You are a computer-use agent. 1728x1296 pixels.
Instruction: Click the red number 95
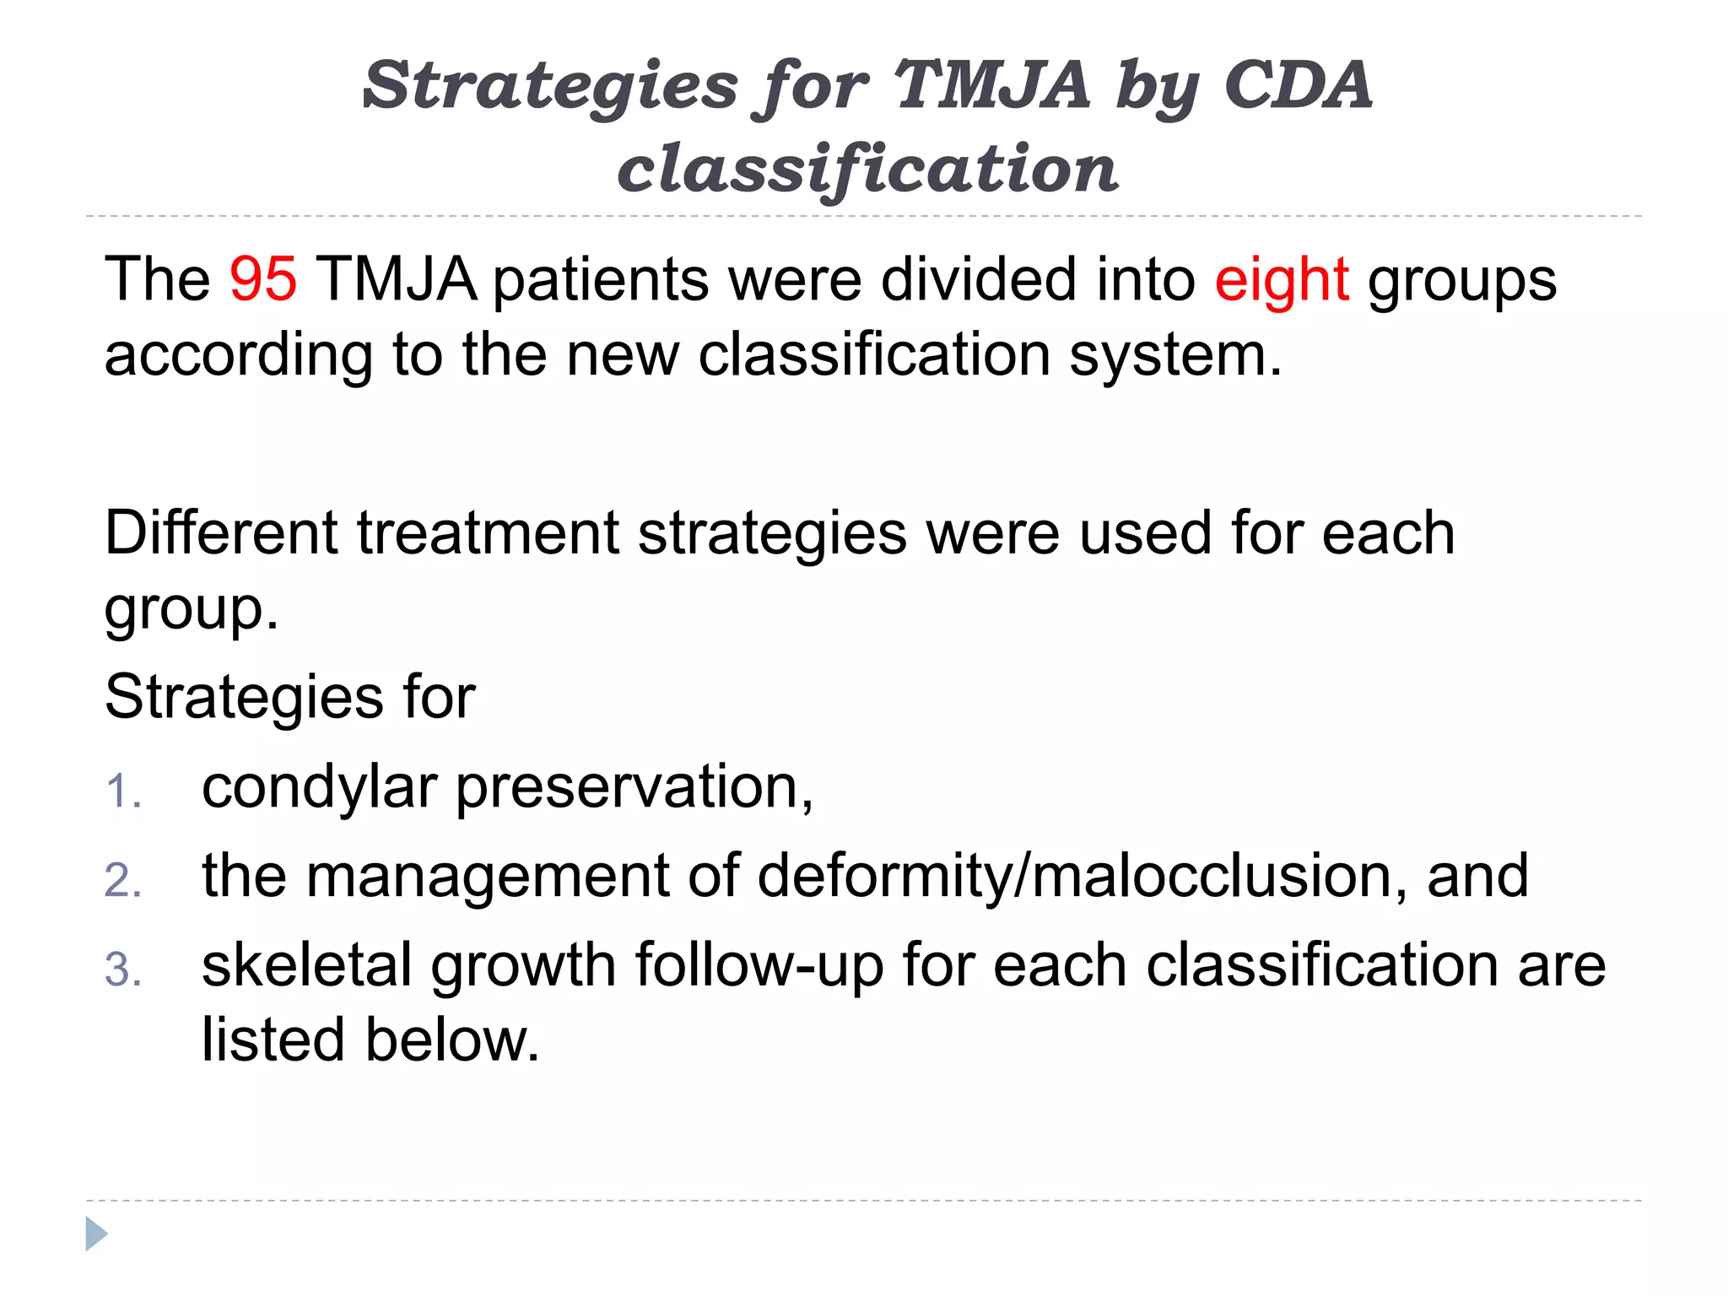(262, 279)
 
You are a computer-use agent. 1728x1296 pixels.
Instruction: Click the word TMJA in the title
(991, 85)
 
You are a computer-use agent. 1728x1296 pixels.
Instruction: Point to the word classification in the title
(867, 169)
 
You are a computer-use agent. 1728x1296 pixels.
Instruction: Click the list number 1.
(123, 792)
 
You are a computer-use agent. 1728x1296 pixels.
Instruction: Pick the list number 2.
(123, 881)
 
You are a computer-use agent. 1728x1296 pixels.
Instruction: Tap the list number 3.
(123, 970)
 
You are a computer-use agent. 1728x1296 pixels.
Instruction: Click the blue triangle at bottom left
(96, 1234)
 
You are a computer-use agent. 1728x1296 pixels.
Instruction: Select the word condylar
(319, 788)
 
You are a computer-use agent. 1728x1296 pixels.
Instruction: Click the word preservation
(634, 788)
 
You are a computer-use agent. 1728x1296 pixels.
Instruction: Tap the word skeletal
(307, 965)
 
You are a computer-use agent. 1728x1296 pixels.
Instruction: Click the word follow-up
(759, 967)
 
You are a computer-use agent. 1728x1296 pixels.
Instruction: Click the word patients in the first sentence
(600, 281)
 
